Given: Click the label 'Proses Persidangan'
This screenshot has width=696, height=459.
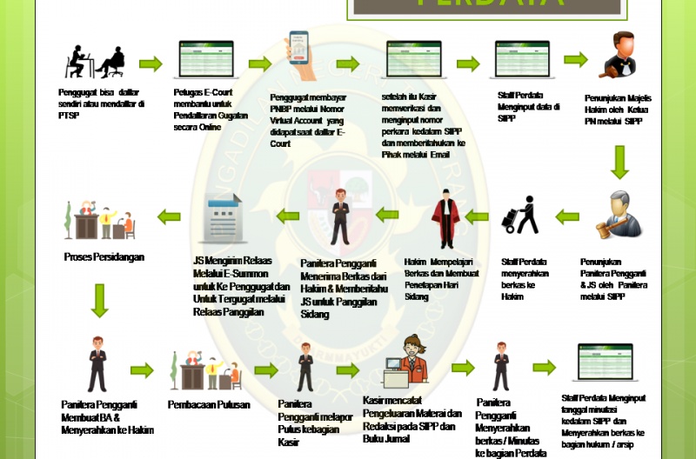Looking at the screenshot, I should [104, 257].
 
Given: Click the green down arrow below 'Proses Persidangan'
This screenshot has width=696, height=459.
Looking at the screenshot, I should [99, 300].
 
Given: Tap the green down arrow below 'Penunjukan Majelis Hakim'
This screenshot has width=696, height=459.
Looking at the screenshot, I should [619, 162].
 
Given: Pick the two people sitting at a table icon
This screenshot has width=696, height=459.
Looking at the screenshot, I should [93, 62].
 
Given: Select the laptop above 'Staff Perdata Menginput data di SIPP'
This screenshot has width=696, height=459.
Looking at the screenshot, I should [525, 61].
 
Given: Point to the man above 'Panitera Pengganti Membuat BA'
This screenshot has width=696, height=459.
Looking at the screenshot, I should [97, 364].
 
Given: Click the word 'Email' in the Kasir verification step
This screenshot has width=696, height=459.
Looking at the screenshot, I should [438, 154].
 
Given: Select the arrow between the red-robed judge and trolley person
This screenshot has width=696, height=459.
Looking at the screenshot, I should [478, 216].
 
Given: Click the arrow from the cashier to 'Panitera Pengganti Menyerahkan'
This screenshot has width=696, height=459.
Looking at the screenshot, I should [463, 368].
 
